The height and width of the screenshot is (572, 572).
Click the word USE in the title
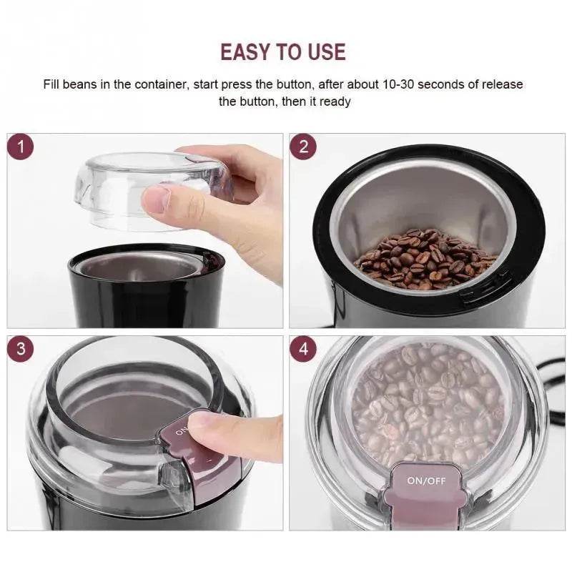coord(322,51)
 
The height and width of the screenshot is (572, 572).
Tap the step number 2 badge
coord(304,147)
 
